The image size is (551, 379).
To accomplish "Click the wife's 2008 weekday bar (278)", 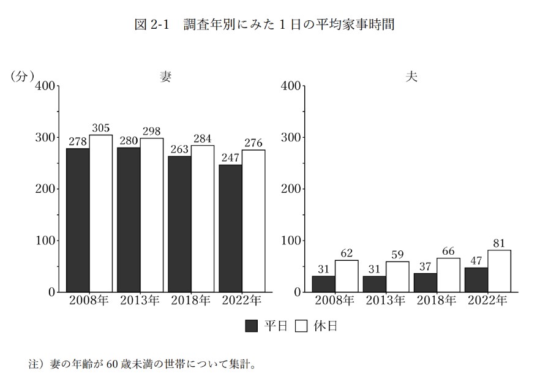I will click(78, 220).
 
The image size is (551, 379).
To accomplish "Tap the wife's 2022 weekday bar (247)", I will click(230, 228).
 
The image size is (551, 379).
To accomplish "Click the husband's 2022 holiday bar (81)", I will click(499, 271).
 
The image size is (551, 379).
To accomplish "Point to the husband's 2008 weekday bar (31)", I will click(323, 283).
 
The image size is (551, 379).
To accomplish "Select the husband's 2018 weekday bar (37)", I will click(425, 282).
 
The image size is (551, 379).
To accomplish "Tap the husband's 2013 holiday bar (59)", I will click(397, 277).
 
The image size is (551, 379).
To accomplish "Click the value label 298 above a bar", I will click(152, 132).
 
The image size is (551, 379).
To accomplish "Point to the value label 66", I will click(448, 252).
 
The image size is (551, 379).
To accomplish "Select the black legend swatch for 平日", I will click(251, 326).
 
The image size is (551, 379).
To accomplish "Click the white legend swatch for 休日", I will click(301, 326).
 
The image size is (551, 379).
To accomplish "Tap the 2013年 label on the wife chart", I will click(140, 301).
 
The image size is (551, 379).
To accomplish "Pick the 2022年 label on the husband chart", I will click(487, 301).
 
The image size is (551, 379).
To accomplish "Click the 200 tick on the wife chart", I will click(45, 189).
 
